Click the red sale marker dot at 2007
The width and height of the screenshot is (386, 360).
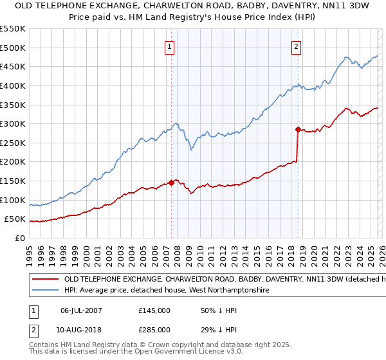coord(171,183)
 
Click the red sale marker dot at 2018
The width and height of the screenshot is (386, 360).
coord(298,129)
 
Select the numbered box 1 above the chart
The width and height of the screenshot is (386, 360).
coord(169,46)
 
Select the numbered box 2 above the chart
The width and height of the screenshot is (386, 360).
coord(296,46)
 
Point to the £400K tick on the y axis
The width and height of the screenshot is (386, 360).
coord(13,85)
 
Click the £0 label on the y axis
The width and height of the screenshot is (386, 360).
coord(21,239)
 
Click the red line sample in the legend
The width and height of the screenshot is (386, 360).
coord(45,280)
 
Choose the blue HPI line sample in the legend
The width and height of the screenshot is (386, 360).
coord(45,291)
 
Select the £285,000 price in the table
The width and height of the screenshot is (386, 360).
coord(154,330)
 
